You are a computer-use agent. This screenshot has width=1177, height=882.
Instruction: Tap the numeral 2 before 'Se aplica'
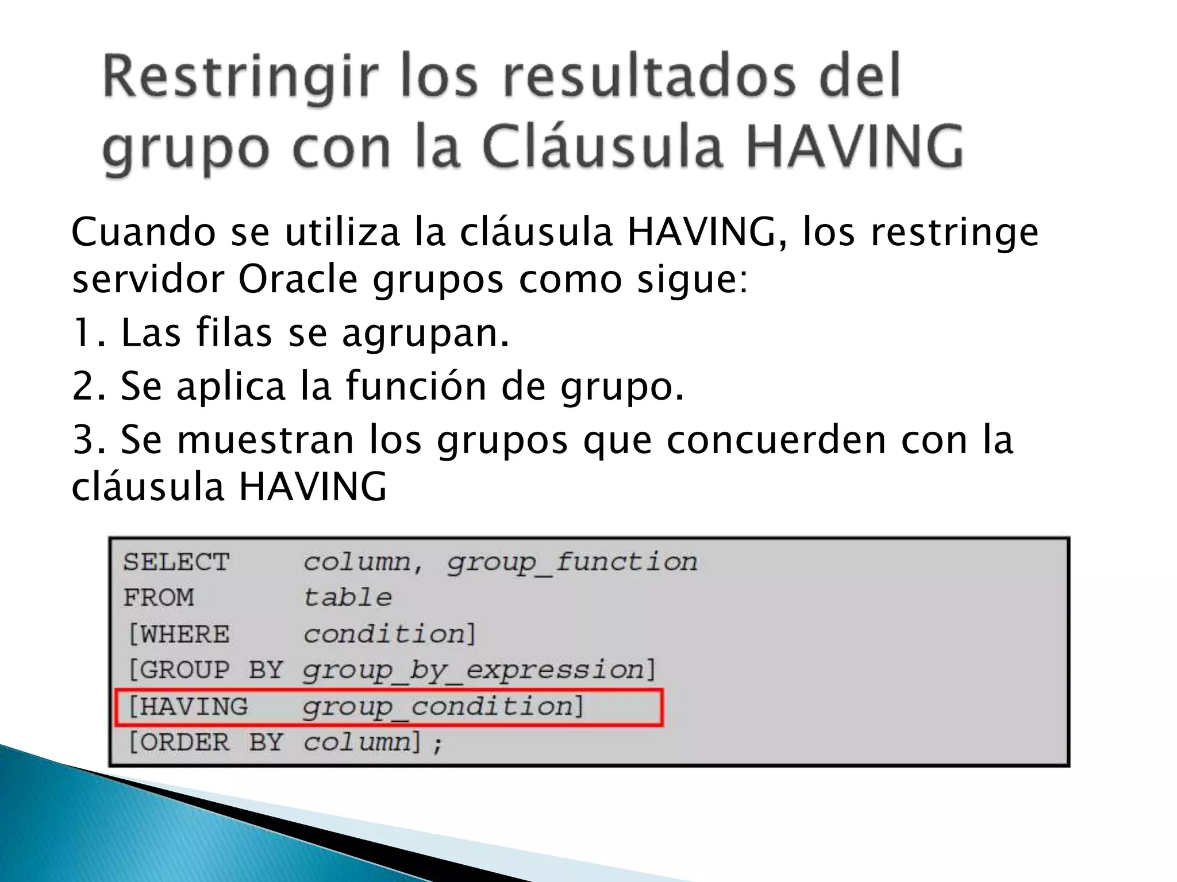pyautogui.click(x=84, y=386)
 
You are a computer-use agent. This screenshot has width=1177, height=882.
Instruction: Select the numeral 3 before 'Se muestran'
pyautogui.click(x=84, y=440)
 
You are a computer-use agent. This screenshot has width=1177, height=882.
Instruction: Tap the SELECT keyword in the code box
pyautogui.click(x=176, y=562)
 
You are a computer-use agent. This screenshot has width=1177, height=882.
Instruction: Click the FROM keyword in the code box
pyautogui.click(x=159, y=598)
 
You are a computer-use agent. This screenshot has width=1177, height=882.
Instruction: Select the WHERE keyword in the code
pyautogui.click(x=184, y=635)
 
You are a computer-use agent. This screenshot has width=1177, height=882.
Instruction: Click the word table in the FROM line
pyautogui.click(x=348, y=598)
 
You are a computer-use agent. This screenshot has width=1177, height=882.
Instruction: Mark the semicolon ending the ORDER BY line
pyautogui.click(x=438, y=745)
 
